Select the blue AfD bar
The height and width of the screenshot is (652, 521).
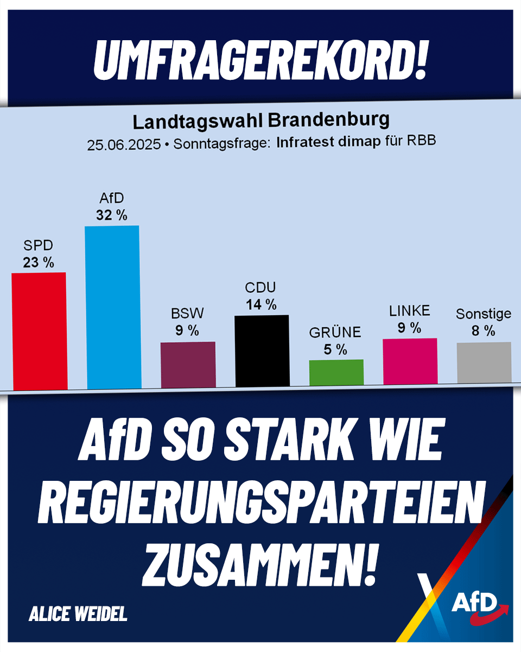tap(112, 307)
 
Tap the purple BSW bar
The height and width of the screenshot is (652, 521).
tap(188, 364)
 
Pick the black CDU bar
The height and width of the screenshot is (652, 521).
tap(262, 350)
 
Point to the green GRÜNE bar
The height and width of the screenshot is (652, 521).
tap(336, 372)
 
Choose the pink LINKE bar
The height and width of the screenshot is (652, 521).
tap(410, 361)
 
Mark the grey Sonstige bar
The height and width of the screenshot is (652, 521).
tap(484, 363)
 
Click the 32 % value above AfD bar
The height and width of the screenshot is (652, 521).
tap(112, 215)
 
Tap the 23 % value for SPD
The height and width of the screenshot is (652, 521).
tap(39, 263)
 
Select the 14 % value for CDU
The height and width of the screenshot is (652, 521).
tap(261, 304)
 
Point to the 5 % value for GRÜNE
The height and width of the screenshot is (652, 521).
tap(335, 350)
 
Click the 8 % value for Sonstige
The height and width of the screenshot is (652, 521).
tap(483, 331)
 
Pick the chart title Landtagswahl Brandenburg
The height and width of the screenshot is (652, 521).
tap(261, 121)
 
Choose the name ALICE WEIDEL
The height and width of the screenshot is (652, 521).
tap(78, 614)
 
